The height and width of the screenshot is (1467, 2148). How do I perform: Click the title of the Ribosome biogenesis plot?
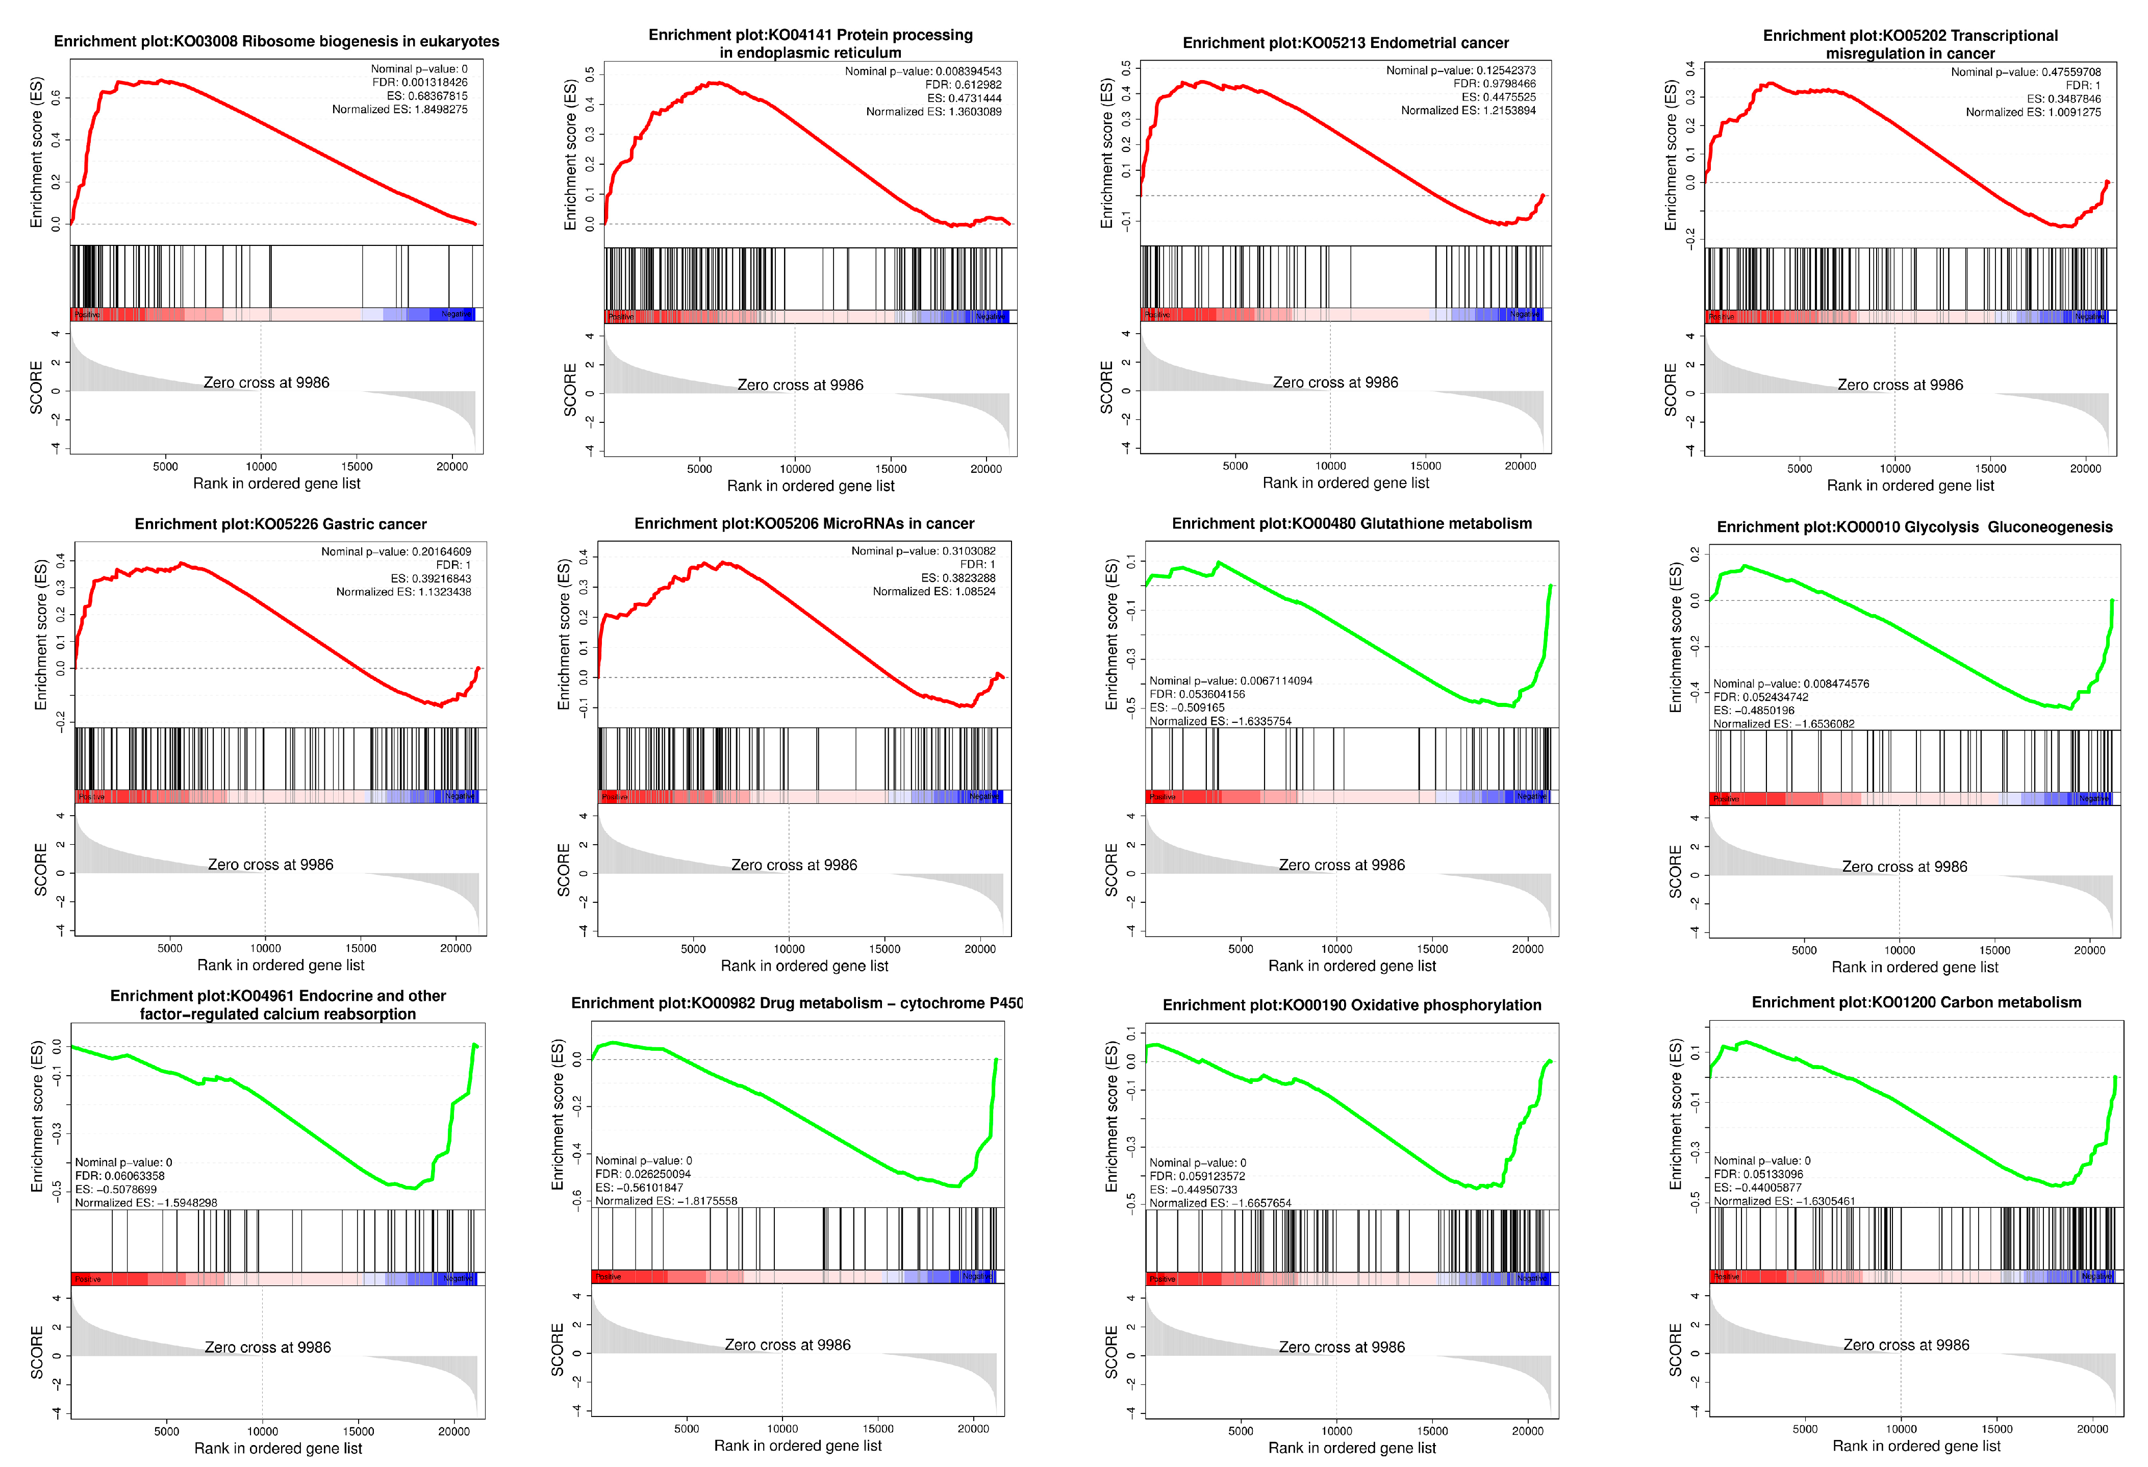point(276,42)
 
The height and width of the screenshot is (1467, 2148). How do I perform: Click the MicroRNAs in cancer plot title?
point(804,523)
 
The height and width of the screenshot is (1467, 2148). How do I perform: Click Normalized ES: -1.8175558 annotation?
point(666,1201)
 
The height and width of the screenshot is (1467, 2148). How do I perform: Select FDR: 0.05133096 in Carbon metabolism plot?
point(1758,1174)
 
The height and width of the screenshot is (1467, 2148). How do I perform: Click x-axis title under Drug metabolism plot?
point(798,1446)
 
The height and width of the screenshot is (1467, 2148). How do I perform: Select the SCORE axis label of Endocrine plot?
point(37,1352)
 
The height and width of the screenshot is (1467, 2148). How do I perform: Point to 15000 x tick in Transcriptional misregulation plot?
point(1990,469)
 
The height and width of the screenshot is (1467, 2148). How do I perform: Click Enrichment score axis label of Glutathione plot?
point(1112,635)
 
